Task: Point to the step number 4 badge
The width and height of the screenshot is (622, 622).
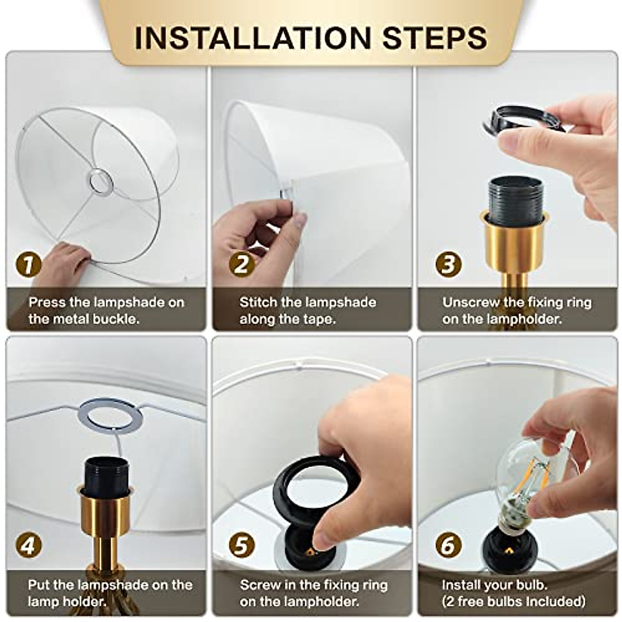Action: click(29, 545)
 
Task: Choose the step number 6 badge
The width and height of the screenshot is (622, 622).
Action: click(448, 545)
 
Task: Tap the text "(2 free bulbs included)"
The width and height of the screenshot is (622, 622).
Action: click(513, 601)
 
